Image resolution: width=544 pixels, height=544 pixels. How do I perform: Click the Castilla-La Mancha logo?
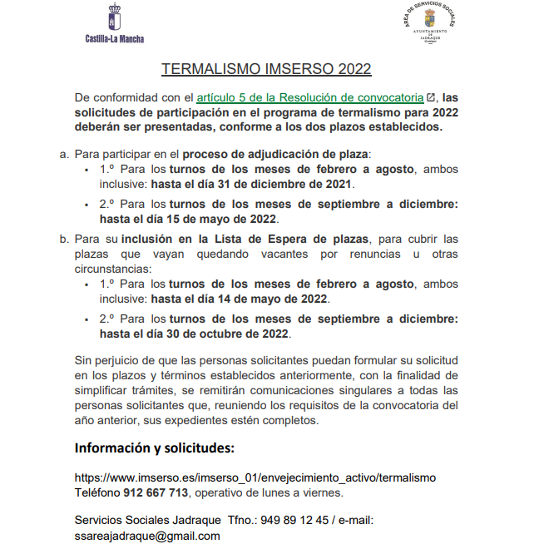tap(114, 24)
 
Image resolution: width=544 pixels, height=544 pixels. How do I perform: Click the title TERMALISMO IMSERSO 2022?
tap(266, 69)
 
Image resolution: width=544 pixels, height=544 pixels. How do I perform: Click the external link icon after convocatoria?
tap(431, 97)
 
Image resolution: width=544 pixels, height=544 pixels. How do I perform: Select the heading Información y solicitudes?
tap(155, 448)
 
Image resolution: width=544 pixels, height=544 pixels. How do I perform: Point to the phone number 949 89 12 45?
tap(294, 520)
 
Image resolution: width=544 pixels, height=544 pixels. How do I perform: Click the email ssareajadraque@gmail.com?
tap(147, 536)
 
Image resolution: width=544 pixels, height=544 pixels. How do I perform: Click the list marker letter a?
tap(63, 154)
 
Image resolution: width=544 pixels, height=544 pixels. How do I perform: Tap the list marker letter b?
tap(63, 239)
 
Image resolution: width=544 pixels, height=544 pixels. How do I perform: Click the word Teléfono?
tap(97, 492)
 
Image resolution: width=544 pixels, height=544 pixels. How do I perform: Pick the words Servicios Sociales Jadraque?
tap(148, 520)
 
